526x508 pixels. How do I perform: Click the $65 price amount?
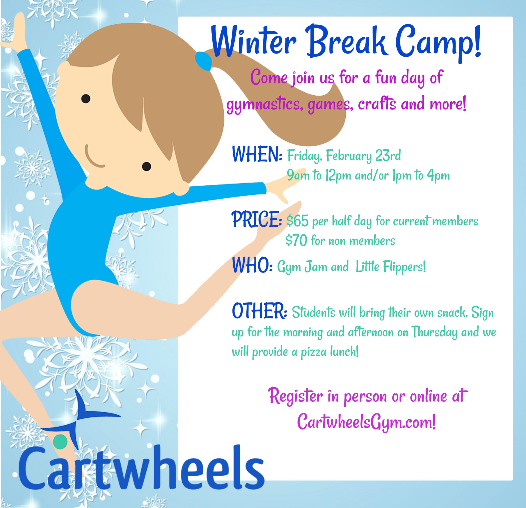297,221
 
